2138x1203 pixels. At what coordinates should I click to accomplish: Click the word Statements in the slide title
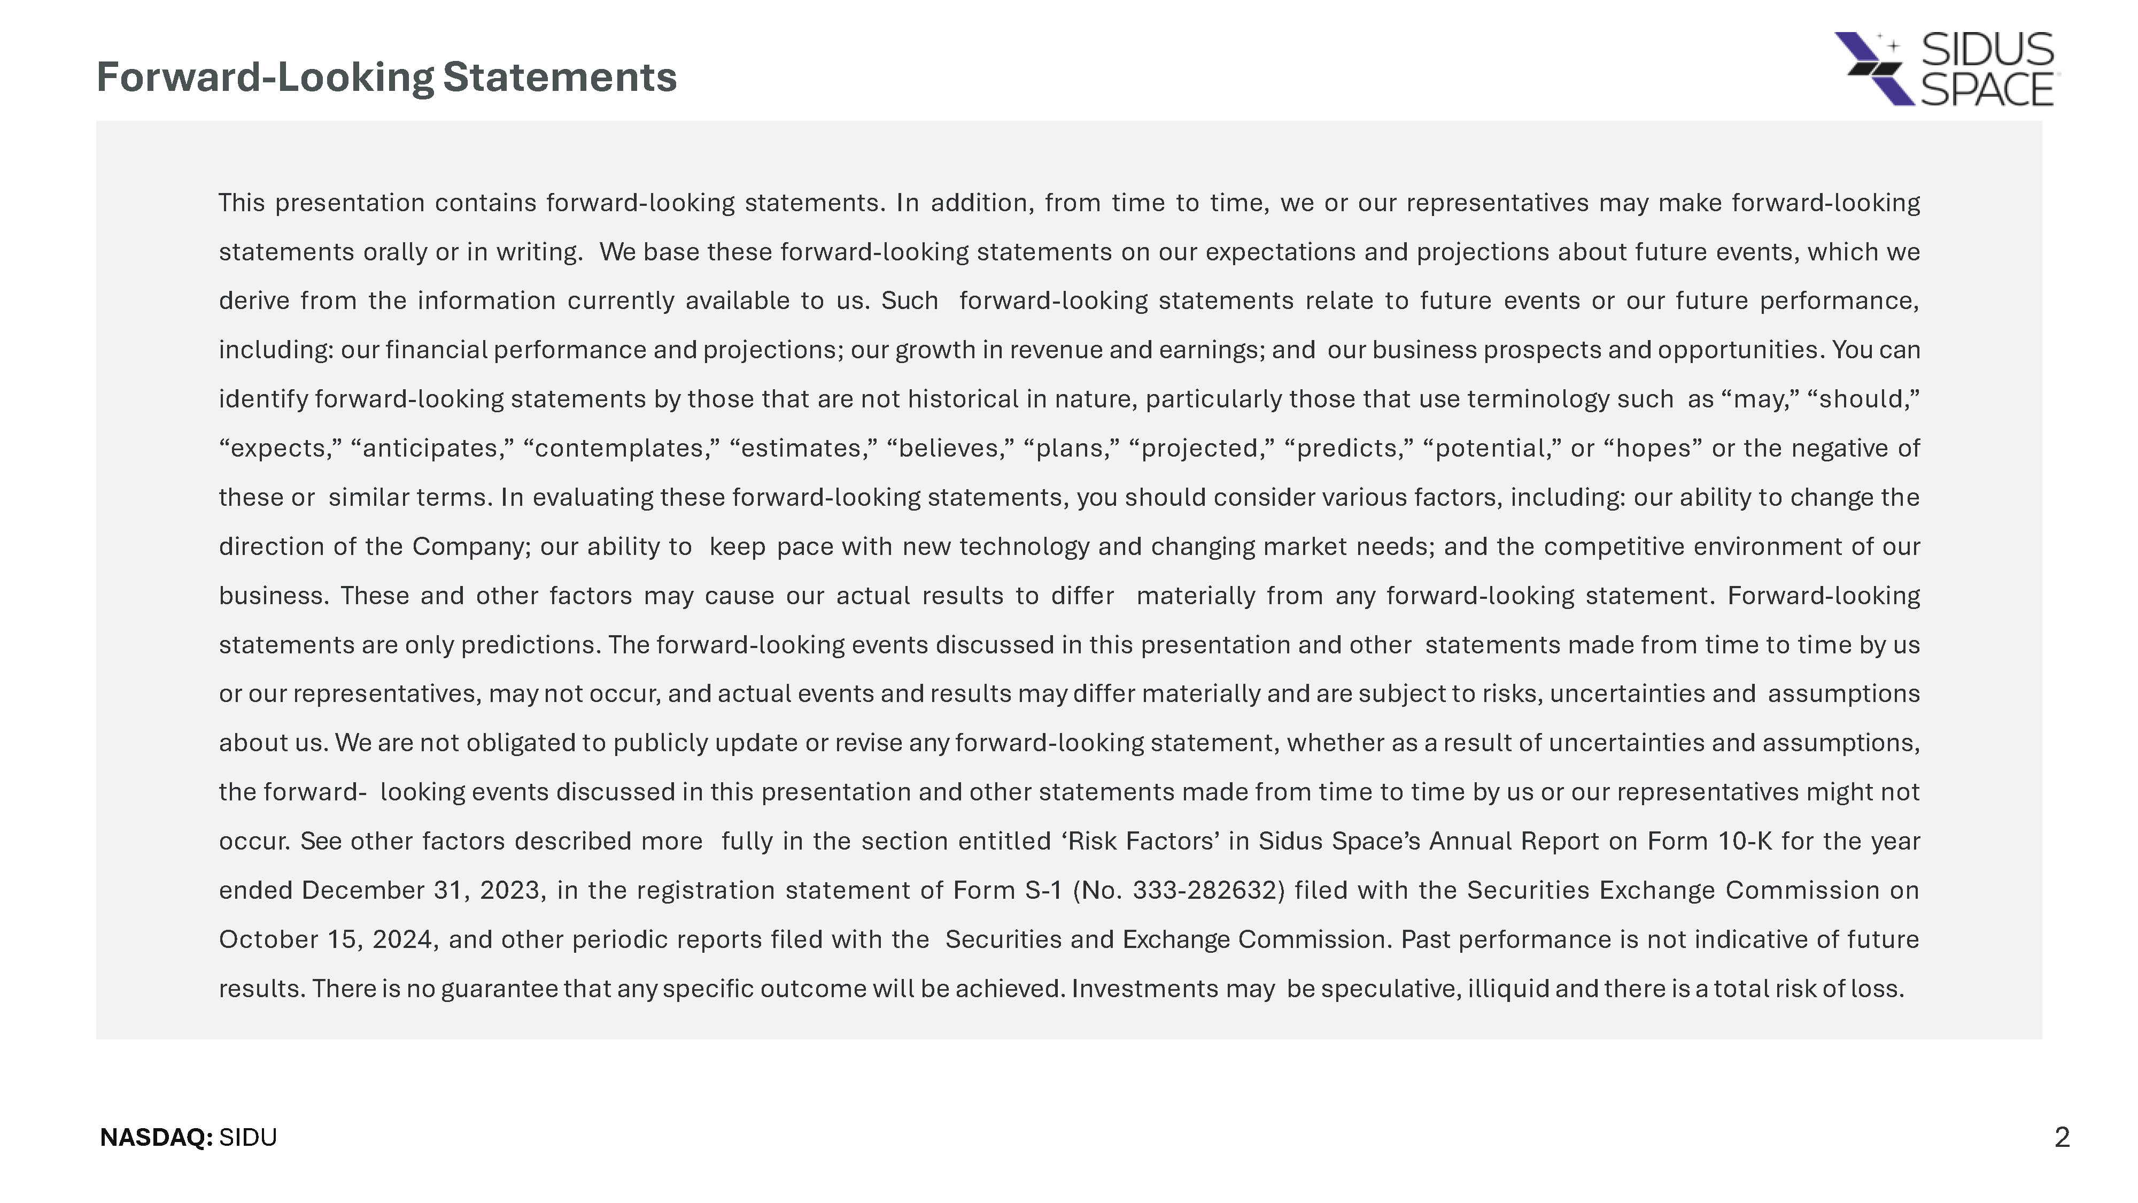[x=560, y=77]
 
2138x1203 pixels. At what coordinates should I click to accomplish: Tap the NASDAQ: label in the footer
[x=156, y=1137]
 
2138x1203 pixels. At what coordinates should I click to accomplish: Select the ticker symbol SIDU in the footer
[x=248, y=1137]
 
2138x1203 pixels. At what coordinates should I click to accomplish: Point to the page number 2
[x=2062, y=1137]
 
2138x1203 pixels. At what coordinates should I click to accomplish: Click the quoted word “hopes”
[x=1653, y=449]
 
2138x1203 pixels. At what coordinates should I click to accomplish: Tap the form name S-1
[x=1043, y=890]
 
